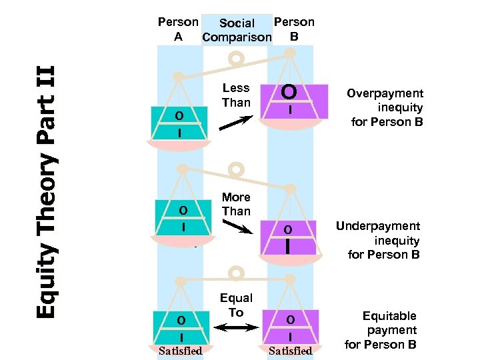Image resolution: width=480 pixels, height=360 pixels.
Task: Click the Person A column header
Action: pos(177,29)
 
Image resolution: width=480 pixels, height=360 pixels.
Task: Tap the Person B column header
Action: pos(294,29)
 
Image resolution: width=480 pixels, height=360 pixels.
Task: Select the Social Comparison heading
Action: pos(237,31)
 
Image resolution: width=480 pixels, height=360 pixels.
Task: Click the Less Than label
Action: pos(236,95)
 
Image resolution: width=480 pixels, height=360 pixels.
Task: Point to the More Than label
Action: pos(236,204)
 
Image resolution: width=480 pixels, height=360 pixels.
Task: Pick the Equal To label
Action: pos(236,305)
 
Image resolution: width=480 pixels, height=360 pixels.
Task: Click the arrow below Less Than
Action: pos(235,123)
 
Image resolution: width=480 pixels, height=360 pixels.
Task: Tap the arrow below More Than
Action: pos(236,227)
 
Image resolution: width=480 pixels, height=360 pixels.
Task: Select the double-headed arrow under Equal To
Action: pos(236,327)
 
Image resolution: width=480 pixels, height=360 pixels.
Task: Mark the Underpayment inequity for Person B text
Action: pos(378,240)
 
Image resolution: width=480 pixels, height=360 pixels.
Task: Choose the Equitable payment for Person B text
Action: pos(381,330)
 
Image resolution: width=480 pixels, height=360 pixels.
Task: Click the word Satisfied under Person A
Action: pos(180,351)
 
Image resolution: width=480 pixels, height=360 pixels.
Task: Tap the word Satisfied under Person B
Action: pos(290,351)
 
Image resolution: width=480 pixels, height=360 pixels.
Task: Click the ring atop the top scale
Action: pos(235,59)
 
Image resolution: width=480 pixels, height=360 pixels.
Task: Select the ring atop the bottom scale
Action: pos(235,273)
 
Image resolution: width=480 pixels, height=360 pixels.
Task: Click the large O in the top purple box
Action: pos(289,91)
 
